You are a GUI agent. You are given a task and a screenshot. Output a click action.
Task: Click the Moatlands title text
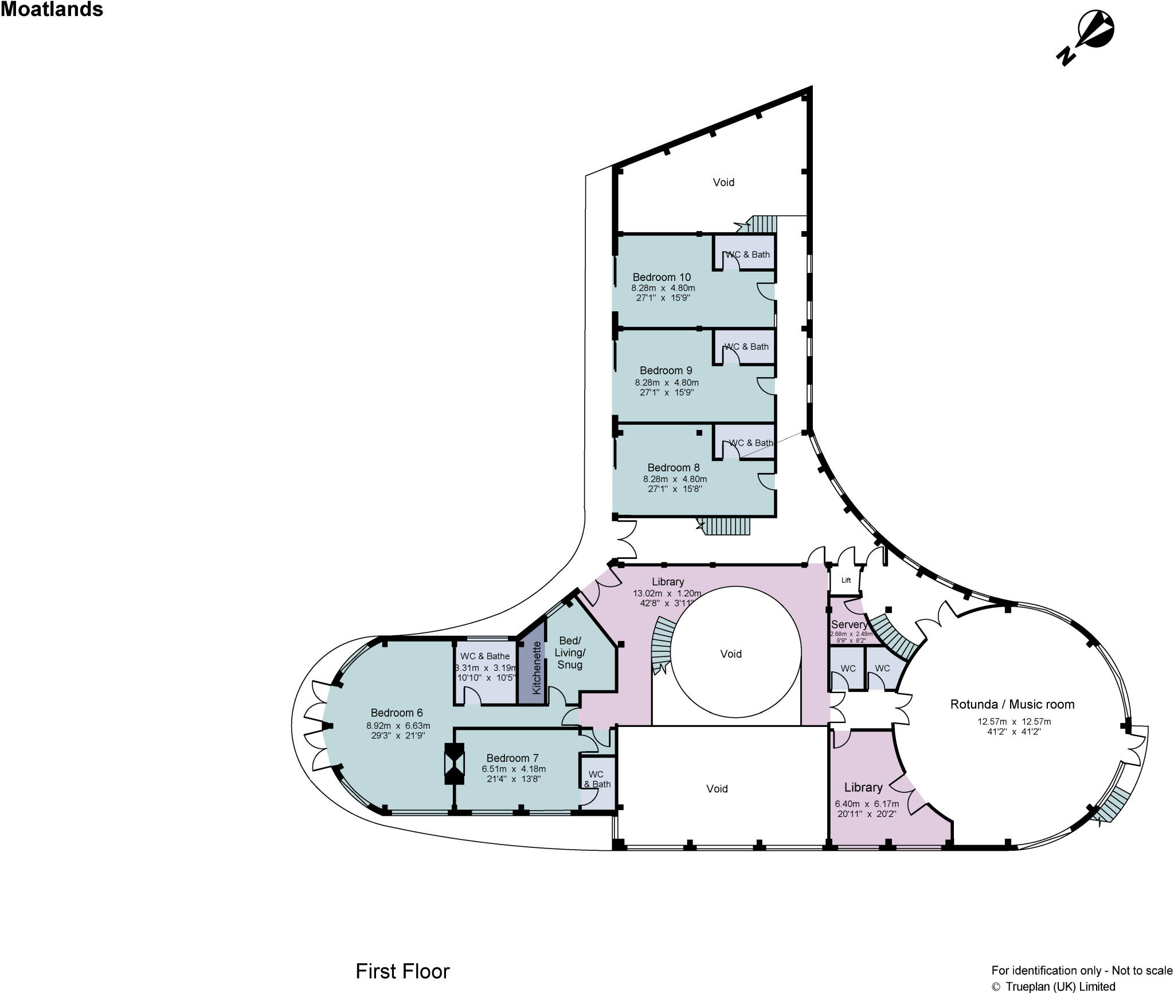point(52,10)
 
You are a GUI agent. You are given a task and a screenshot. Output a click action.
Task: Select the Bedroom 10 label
point(662,277)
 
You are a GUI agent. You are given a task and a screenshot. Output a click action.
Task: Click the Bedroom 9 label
point(666,370)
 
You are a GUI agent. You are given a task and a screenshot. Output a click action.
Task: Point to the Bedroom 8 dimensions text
point(674,484)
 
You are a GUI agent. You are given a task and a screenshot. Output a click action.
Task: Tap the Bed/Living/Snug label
point(569,652)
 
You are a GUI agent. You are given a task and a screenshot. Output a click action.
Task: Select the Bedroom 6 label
point(396,713)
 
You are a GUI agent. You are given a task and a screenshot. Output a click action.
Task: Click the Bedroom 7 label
point(512,758)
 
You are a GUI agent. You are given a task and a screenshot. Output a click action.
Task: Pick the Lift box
point(846,580)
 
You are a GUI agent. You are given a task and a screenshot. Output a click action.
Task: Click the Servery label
point(848,624)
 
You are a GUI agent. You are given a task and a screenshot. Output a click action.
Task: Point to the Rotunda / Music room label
point(1012,704)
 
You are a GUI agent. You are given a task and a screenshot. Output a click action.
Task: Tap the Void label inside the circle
point(730,654)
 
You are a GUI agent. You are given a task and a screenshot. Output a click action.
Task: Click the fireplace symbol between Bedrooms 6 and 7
point(455,763)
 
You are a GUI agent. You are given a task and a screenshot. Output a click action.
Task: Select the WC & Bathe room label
point(484,656)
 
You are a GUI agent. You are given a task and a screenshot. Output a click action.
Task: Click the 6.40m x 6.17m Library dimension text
point(866,808)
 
